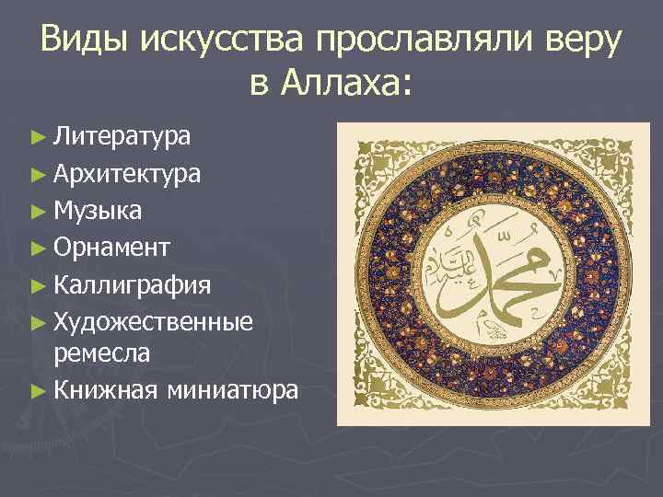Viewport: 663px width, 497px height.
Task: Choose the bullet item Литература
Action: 122,138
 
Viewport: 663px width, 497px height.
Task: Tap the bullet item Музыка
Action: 97,211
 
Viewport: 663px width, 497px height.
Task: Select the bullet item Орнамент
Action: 110,247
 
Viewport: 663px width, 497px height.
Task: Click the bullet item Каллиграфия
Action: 132,283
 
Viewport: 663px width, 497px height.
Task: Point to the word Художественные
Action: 152,319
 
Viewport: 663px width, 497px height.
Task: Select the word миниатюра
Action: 233,390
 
